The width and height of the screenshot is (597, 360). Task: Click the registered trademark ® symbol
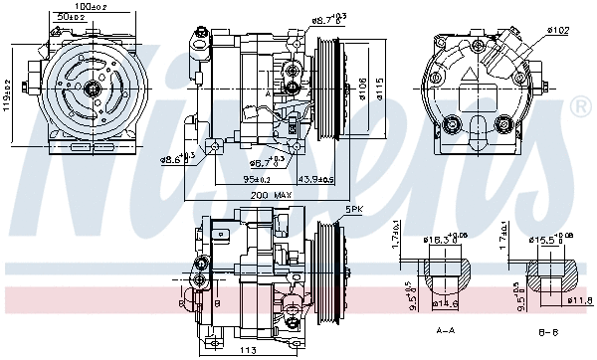point(581,106)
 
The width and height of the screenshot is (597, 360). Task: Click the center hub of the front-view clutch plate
point(91,89)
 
